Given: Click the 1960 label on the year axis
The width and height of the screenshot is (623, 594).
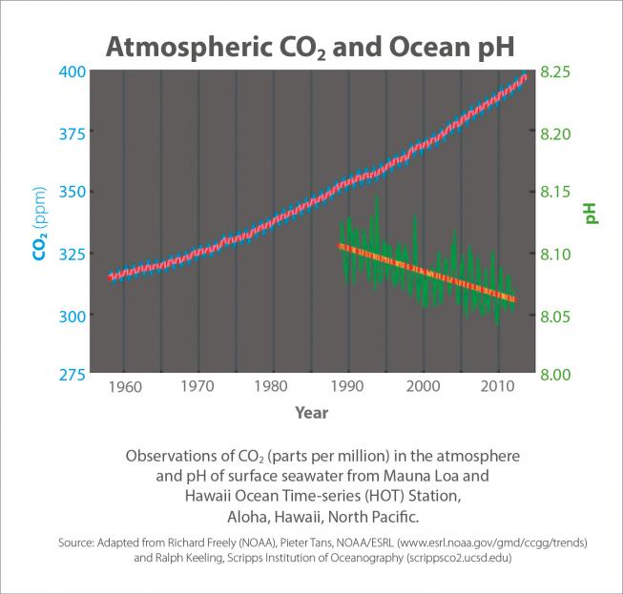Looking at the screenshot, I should [126, 387].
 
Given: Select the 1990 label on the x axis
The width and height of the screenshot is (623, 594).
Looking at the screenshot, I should [349, 387].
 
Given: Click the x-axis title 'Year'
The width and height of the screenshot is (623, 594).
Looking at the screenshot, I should [311, 413].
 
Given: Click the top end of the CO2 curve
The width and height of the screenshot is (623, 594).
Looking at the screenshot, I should [524, 76].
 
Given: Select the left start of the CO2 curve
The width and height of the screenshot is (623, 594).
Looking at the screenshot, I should [111, 277].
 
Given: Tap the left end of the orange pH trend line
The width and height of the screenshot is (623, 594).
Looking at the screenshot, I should [340, 246].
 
